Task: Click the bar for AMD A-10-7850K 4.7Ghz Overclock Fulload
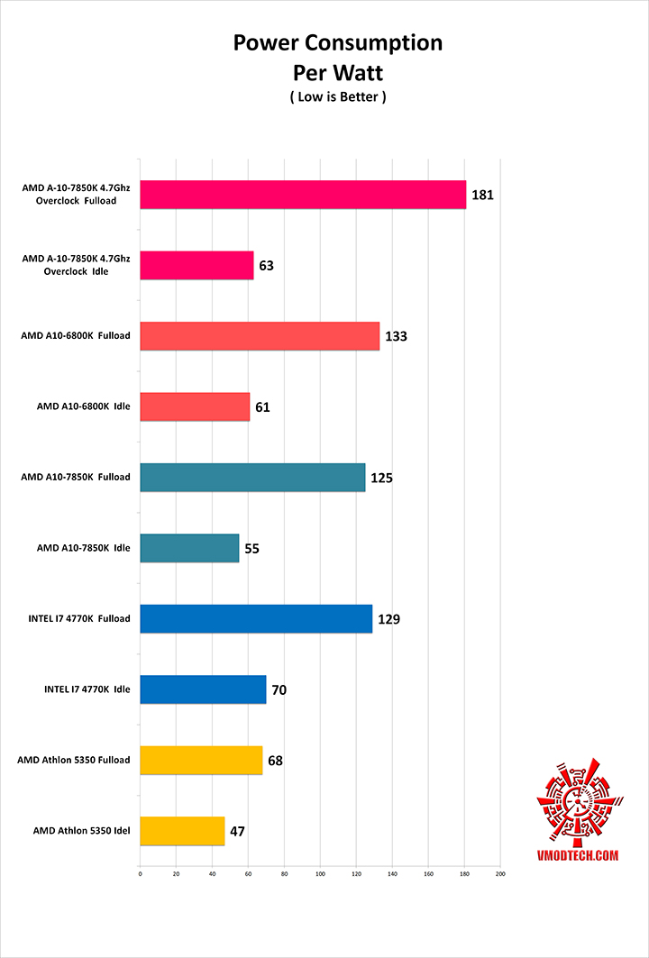point(303,195)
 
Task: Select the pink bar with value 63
point(197,266)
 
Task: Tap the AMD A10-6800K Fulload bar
point(260,336)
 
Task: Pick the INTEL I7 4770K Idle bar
point(203,689)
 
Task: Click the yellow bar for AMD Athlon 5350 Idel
point(182,831)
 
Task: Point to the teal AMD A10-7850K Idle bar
point(189,548)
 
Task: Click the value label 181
point(483,195)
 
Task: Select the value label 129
point(389,619)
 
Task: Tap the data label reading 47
point(238,831)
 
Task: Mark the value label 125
point(382,478)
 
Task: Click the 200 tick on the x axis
point(500,873)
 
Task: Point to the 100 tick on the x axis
point(320,873)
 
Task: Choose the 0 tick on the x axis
point(140,873)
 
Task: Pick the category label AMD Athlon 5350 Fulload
point(74,760)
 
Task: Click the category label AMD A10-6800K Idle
point(83,406)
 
